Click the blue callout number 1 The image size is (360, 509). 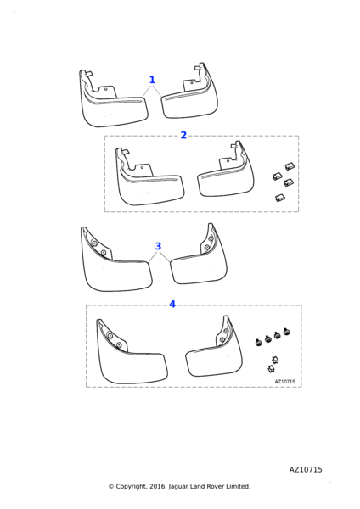pyautogui.click(x=152, y=80)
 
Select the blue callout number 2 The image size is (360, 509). pyautogui.click(x=183, y=135)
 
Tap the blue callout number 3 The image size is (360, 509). pyautogui.click(x=158, y=246)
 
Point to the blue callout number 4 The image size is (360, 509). pyautogui.click(x=172, y=305)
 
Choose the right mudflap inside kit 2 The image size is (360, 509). pyautogui.click(x=228, y=176)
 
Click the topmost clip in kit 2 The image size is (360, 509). pyautogui.click(x=290, y=166)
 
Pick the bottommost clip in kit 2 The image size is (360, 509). pyautogui.click(x=280, y=198)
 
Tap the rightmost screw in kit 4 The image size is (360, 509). pyautogui.click(x=287, y=332)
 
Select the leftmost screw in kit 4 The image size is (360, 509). pyautogui.click(x=259, y=342)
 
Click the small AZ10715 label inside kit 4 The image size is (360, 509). pyautogui.click(x=285, y=382)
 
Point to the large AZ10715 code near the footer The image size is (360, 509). pyautogui.click(x=306, y=470)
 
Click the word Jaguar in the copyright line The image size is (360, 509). pyautogui.click(x=178, y=487)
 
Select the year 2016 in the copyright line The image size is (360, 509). pyautogui.click(x=158, y=487)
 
